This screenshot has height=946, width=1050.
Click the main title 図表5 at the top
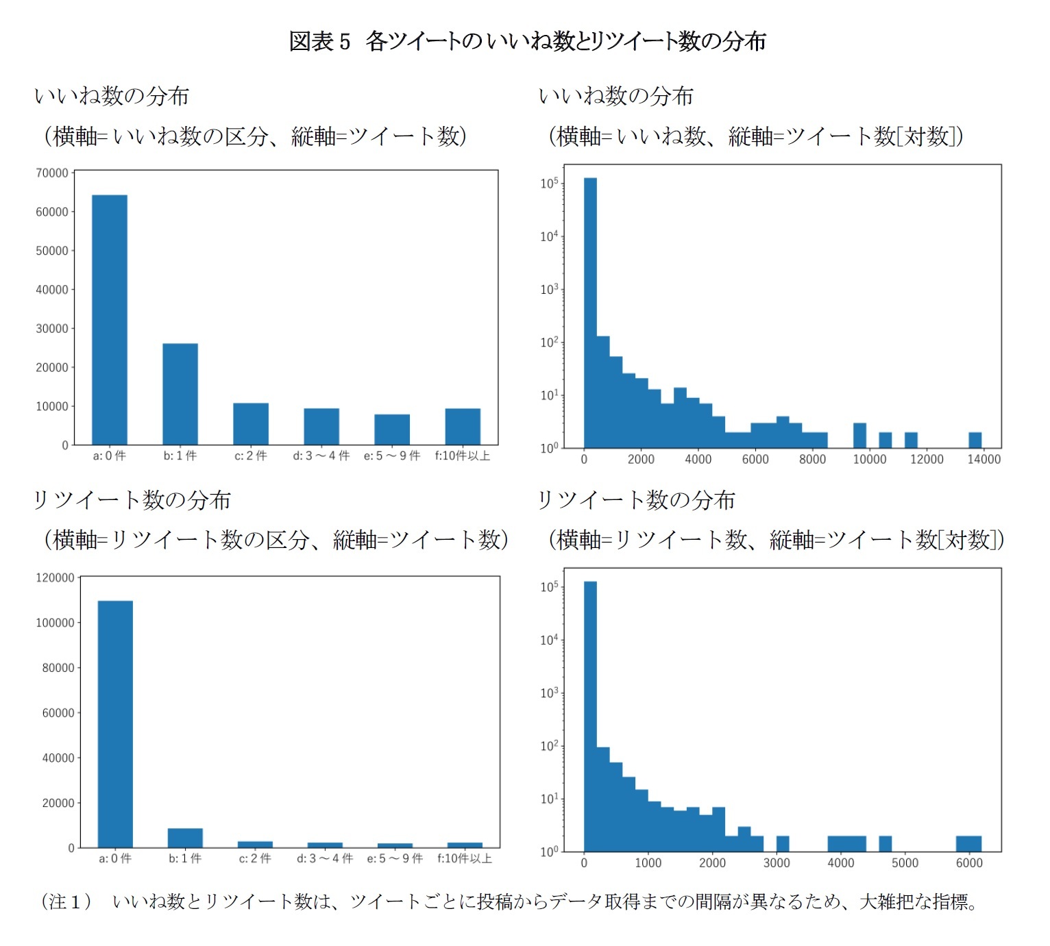point(319,42)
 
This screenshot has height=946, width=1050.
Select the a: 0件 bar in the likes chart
point(110,320)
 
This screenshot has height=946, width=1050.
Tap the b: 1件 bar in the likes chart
point(180,394)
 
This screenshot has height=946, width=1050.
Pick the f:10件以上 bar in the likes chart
point(463,426)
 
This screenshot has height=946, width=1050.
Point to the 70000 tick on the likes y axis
point(52,173)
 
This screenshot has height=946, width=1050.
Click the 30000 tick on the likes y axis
point(52,329)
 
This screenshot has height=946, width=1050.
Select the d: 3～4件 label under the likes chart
point(321,456)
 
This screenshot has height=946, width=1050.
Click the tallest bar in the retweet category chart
point(115,724)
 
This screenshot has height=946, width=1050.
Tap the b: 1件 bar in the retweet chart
point(185,838)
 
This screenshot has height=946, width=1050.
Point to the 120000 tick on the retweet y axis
point(55,578)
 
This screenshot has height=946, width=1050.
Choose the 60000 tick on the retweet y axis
point(58,713)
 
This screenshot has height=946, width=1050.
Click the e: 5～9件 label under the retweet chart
point(395,859)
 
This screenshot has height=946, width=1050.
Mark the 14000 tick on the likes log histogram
point(984,460)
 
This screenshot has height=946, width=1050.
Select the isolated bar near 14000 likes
point(975,440)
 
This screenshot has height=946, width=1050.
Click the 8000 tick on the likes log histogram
point(812,460)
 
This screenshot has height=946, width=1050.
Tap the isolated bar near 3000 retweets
point(783,843)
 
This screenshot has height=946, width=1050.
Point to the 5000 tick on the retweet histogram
point(905,863)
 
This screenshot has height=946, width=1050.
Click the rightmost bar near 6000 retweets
point(968,843)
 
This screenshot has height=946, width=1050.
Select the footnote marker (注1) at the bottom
point(66,901)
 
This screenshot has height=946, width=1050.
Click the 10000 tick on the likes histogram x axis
point(869,460)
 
